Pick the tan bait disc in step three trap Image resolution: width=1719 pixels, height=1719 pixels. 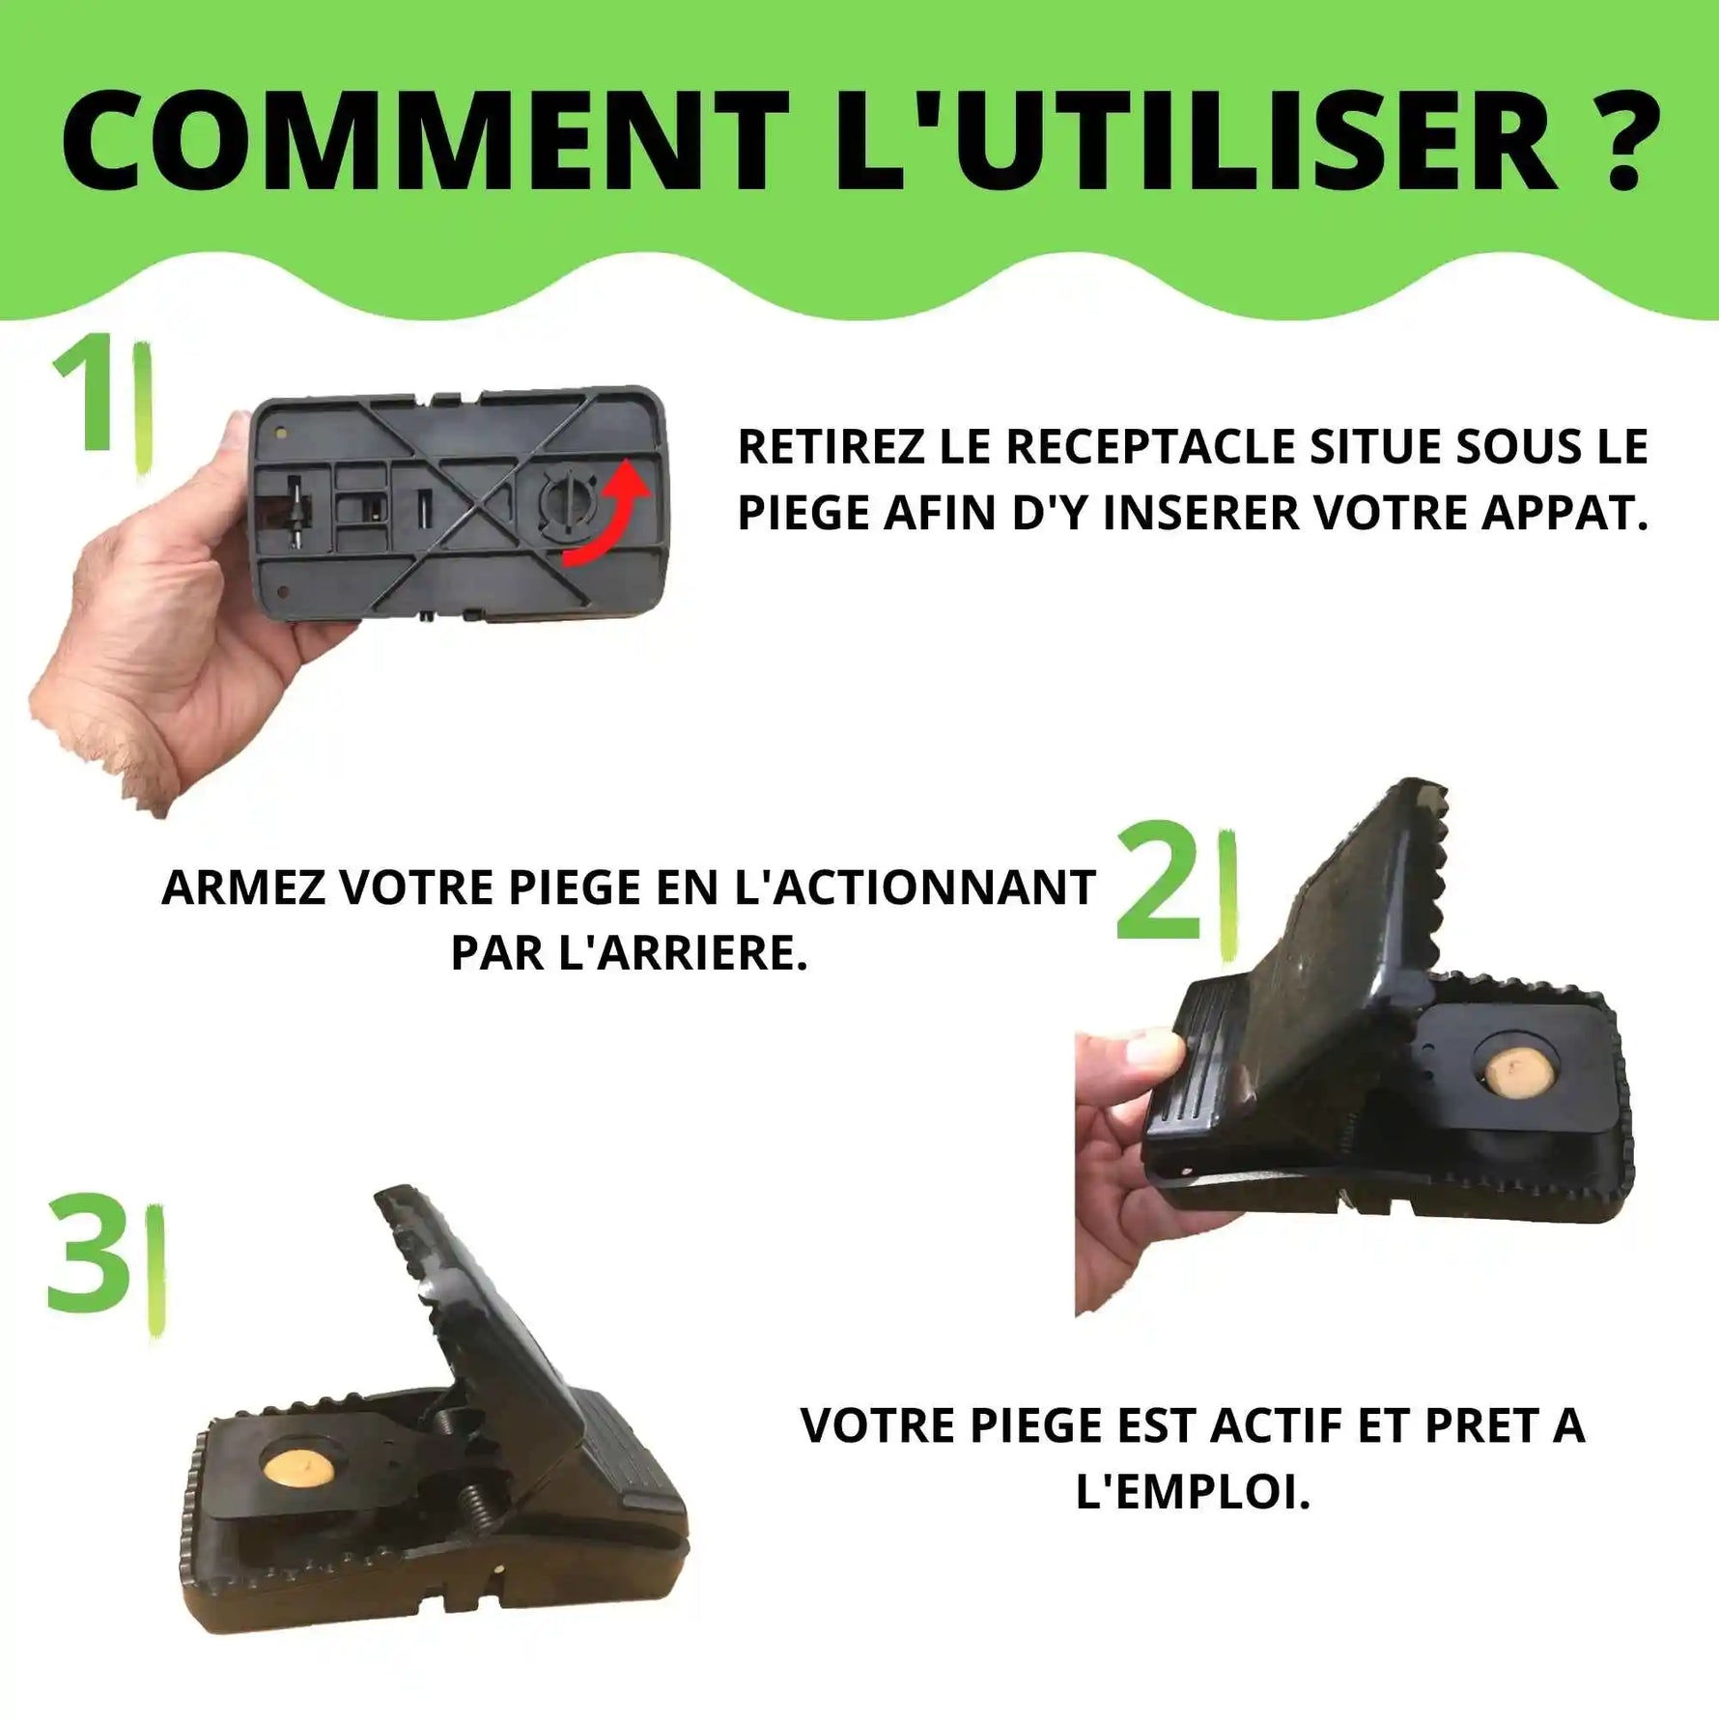(297, 1472)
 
